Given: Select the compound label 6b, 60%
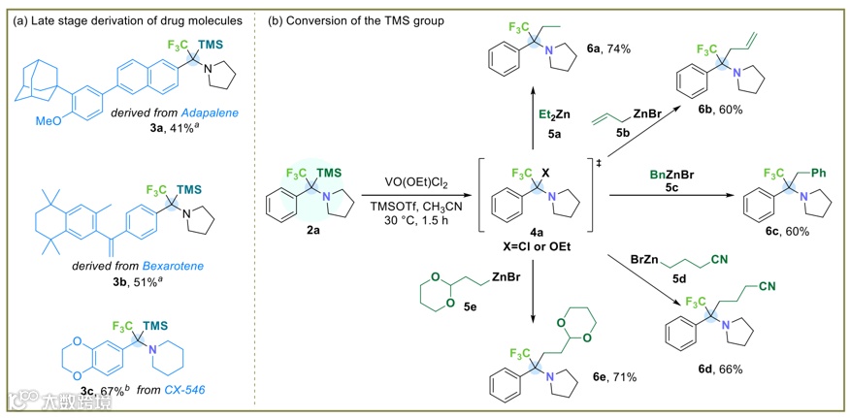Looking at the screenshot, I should click(x=716, y=110).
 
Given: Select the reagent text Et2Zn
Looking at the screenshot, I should click(x=556, y=115).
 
